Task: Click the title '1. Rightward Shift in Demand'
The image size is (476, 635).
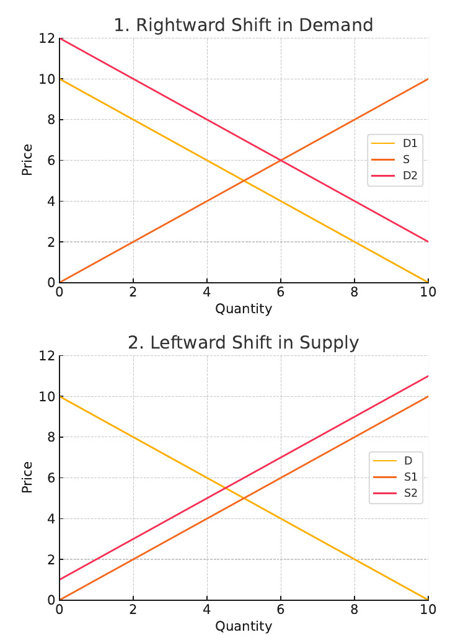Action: tap(244, 25)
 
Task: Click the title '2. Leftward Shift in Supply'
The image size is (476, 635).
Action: tap(244, 343)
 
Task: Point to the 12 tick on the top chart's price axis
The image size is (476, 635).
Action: tap(46, 38)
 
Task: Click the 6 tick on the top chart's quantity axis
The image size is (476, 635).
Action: tap(281, 292)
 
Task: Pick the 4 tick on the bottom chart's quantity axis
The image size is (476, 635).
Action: tap(207, 610)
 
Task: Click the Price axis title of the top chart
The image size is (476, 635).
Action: tap(27, 160)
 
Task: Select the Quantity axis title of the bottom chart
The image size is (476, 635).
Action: tap(244, 626)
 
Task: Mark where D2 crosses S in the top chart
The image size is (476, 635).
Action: tap(281, 160)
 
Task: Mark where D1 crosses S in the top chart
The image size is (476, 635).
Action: tap(244, 180)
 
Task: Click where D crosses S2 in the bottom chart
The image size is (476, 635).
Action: tap(226, 487)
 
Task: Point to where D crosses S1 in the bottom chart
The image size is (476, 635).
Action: tap(244, 498)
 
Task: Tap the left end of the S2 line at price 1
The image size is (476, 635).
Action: tap(59, 580)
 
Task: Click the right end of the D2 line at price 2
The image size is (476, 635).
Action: tap(428, 242)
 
